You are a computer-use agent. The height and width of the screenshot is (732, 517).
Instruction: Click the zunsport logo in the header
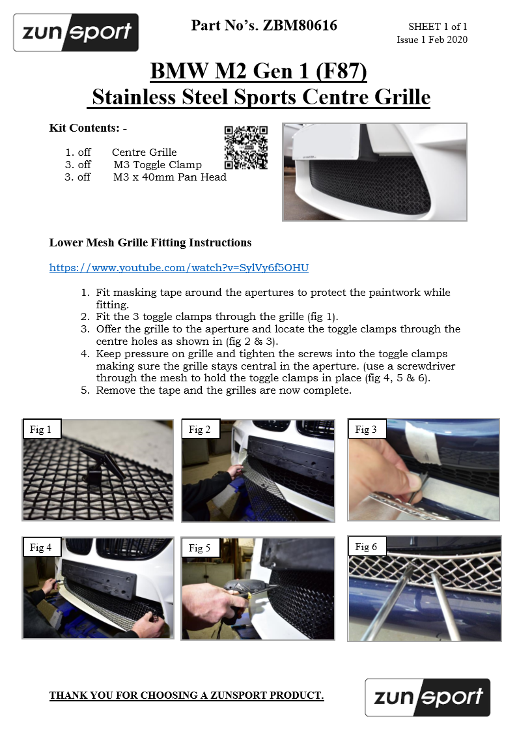[x=76, y=32]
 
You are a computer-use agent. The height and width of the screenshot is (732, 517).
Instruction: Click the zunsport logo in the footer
[x=428, y=697]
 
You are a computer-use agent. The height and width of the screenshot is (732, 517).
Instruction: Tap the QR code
[x=246, y=147]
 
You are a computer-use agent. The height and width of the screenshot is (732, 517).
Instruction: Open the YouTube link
[x=179, y=267]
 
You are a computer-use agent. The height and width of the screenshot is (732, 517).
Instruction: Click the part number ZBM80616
[x=300, y=25]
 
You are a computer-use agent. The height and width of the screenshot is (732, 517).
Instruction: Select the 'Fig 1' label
[x=40, y=430]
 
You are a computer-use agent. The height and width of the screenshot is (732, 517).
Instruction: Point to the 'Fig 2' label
[x=199, y=430]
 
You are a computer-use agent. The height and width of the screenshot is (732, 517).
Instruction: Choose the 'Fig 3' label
[x=366, y=430]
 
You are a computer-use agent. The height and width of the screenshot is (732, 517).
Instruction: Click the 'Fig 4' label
[x=40, y=547]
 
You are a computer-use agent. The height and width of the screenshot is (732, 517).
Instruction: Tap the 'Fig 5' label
[x=199, y=548]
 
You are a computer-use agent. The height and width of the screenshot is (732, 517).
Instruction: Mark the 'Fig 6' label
[x=366, y=547]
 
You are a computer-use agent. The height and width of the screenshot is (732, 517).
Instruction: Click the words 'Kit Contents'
[x=85, y=128]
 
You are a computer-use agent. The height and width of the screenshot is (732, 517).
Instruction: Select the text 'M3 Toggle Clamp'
[x=158, y=165]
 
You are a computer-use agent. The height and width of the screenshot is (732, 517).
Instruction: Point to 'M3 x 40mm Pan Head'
[x=170, y=177]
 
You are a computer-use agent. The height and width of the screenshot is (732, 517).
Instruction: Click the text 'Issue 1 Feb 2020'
[x=432, y=40]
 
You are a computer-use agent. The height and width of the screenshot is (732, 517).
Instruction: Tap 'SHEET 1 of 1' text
[x=438, y=27]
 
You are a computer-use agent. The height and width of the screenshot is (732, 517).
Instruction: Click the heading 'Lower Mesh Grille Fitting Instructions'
[x=150, y=242]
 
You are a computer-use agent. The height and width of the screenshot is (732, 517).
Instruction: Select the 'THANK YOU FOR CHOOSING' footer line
[x=186, y=695]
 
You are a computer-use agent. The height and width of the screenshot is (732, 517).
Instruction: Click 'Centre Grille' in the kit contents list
[x=145, y=152]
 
